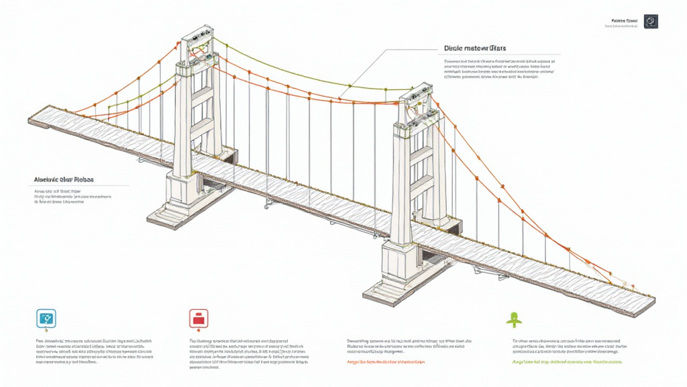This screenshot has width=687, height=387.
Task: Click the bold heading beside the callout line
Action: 474,48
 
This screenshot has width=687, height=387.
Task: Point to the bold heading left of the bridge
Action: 64,180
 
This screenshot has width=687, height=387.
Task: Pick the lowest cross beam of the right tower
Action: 421,183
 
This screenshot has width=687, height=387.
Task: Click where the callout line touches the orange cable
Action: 349,87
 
